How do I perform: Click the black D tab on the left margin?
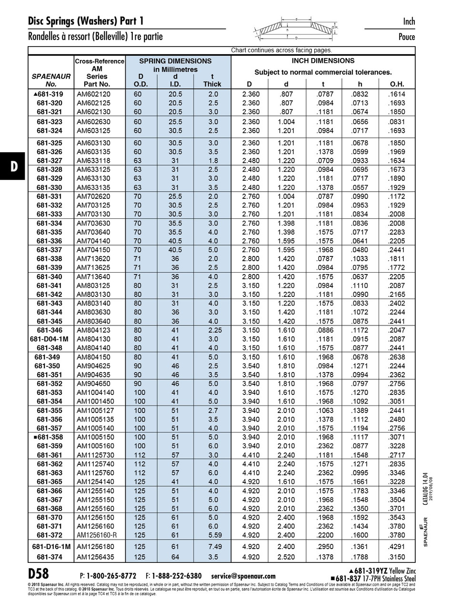pyautogui.click(x=14, y=166)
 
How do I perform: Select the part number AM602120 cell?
pyautogui.click(x=93, y=94)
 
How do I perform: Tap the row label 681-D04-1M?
pyautogui.click(x=50, y=339)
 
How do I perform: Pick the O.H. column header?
pyautogui.click(x=397, y=85)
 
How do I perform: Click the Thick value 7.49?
pyautogui.click(x=212, y=547)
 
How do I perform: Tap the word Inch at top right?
pyautogui.click(x=409, y=21)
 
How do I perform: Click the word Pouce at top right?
pyautogui.click(x=407, y=37)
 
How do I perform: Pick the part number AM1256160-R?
pyautogui.click(x=97, y=535)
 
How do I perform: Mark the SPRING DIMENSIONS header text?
pyautogui.click(x=175, y=61)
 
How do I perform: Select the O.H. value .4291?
pyautogui.click(x=396, y=547)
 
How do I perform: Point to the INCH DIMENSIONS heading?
pyautogui.click(x=323, y=61)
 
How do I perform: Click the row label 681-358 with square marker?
pyautogui.click(x=50, y=437)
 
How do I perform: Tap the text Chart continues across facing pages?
pyautogui.click(x=281, y=50)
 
